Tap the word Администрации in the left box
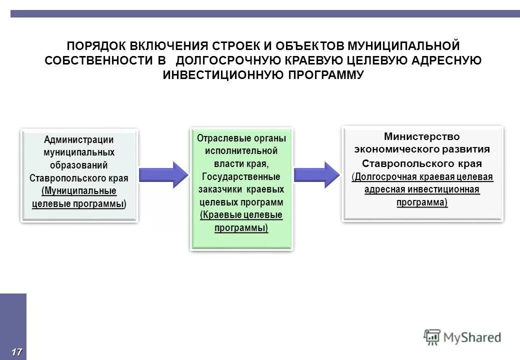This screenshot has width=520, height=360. tap(78, 139)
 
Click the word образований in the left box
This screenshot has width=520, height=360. tap(78, 165)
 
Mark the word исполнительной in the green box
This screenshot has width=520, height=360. tap(241, 150)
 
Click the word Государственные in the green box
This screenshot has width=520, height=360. tap(241, 176)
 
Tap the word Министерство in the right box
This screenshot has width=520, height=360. tap(421, 136)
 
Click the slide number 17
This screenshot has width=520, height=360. tap(17, 352)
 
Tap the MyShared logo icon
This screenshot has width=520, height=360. tap(432, 337)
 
